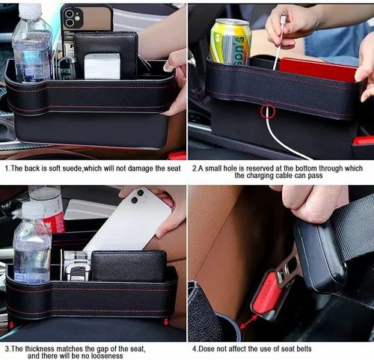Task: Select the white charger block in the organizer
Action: (x=101, y=66)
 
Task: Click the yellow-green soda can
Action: (x=230, y=42)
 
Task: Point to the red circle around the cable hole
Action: (x=267, y=112)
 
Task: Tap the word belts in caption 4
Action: (x=298, y=349)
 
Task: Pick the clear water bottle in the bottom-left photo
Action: (x=31, y=247)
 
